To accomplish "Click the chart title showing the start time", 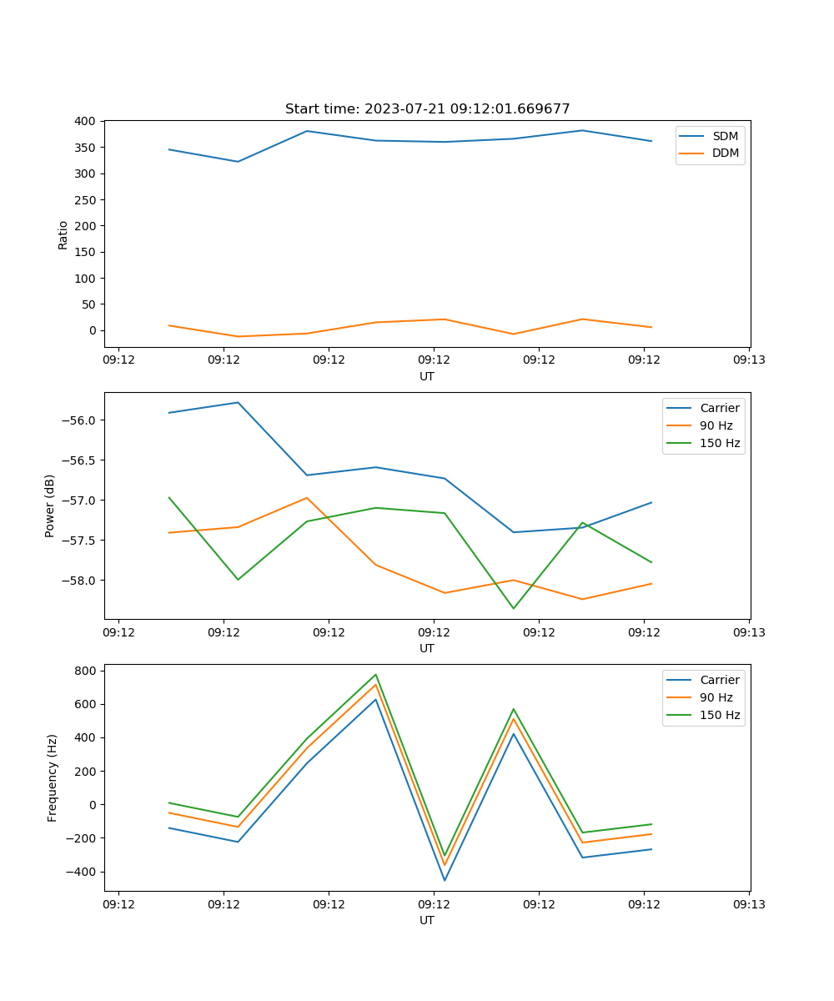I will (427, 109).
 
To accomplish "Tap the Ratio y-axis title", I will (63, 234).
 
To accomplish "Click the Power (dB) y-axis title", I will (50, 506).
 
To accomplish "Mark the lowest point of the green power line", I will (514, 608).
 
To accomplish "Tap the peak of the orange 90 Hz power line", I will (307, 498).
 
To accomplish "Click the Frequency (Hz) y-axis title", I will (52, 777).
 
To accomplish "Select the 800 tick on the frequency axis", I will (88, 671).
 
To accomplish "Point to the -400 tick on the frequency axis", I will (83, 872).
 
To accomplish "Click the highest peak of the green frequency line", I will (376, 675).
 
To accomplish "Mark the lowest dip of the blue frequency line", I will (445, 880).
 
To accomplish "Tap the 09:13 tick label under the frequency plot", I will (749, 903).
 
